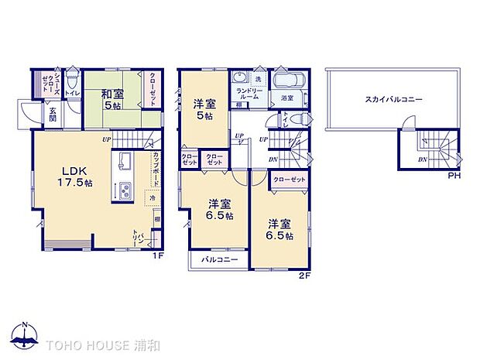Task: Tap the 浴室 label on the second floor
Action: point(286,98)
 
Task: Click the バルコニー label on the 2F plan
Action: point(218,259)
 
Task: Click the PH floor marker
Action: point(455,176)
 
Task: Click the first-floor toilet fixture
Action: point(72,79)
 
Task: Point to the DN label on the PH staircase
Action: point(422,160)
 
